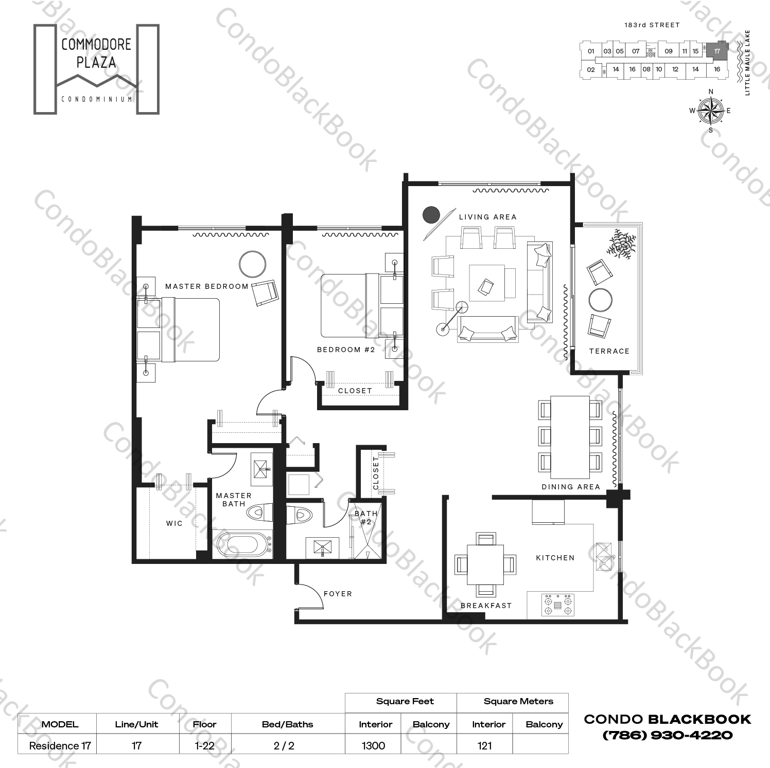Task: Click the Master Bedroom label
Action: point(206,286)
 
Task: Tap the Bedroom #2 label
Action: point(345,350)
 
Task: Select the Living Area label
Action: point(487,217)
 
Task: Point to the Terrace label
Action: point(609,351)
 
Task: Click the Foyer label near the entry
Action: point(338,594)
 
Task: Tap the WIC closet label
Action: point(174,523)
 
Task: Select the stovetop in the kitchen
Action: point(558,605)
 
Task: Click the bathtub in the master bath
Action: point(242,545)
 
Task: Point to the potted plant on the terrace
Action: point(621,244)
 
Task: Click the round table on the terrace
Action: point(600,300)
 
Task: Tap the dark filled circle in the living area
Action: point(431,215)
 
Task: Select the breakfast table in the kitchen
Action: point(485,564)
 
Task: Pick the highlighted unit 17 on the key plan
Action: point(716,51)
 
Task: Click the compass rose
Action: point(710,111)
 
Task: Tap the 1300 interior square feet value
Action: point(373,745)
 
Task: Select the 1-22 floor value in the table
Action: point(204,745)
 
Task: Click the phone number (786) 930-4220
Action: point(667,735)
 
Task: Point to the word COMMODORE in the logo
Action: point(96,45)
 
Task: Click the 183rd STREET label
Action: point(652,25)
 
